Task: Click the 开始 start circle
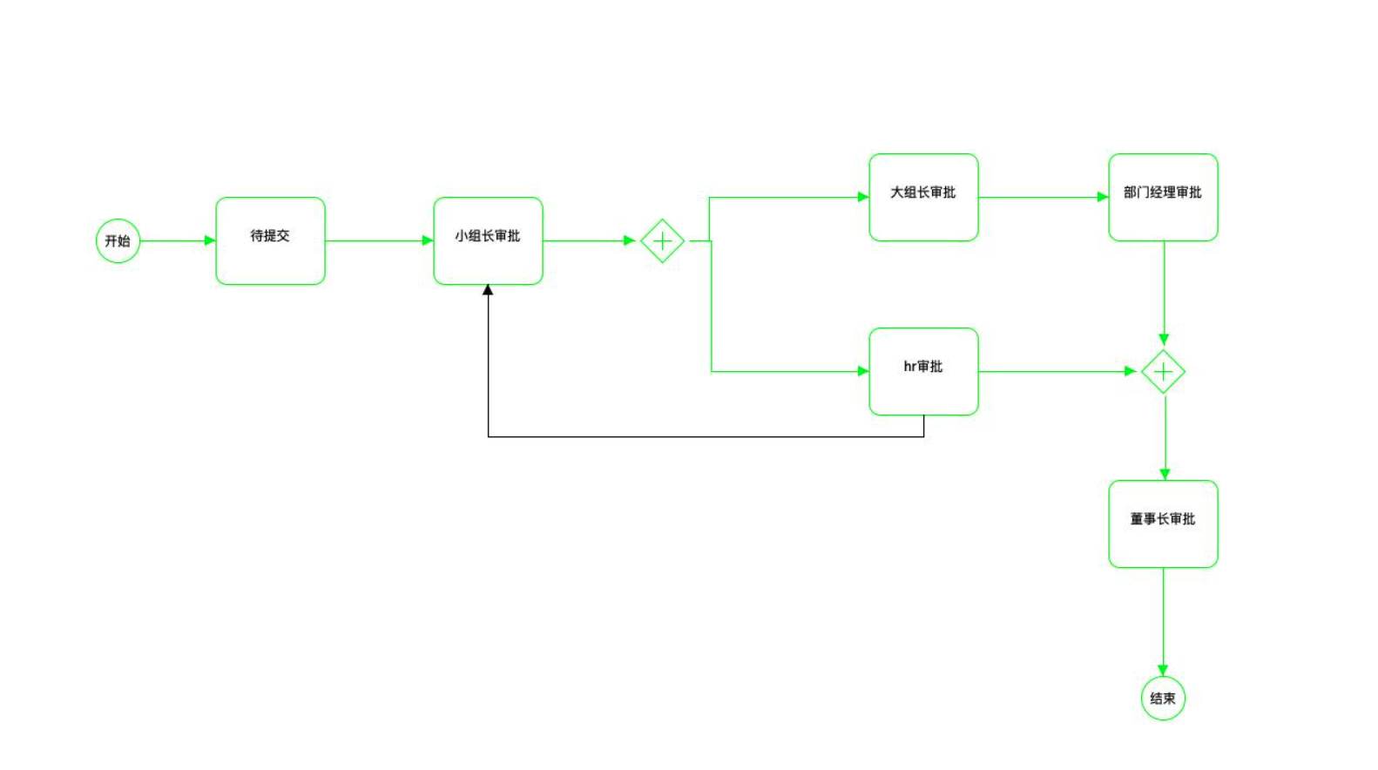click(x=118, y=241)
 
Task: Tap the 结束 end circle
click(x=1163, y=698)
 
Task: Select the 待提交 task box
click(x=270, y=240)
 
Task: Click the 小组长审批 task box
click(x=488, y=240)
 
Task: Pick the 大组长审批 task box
click(x=923, y=197)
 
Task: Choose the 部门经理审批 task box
click(x=1163, y=197)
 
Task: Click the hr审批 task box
click(x=923, y=371)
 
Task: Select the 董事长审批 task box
click(x=1163, y=523)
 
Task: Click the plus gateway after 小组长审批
click(x=662, y=240)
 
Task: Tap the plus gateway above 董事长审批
click(x=1163, y=372)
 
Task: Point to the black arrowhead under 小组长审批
click(x=488, y=290)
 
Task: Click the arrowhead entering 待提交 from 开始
click(x=210, y=240)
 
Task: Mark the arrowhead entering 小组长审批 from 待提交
click(x=428, y=240)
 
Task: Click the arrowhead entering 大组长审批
click(x=863, y=197)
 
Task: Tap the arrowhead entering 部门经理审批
click(x=1103, y=197)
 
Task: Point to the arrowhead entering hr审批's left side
click(x=863, y=371)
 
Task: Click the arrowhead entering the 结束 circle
click(x=1163, y=670)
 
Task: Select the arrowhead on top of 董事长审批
click(x=1165, y=474)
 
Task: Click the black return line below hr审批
click(x=706, y=436)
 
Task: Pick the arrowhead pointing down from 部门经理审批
click(x=1164, y=340)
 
